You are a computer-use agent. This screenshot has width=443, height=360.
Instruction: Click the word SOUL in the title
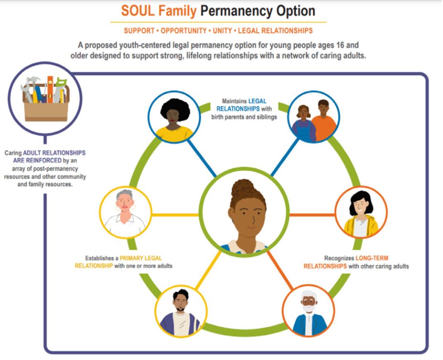[136, 11]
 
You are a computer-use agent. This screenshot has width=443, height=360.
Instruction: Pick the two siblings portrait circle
[314, 117]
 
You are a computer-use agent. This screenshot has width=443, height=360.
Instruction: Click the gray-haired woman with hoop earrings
[125, 213]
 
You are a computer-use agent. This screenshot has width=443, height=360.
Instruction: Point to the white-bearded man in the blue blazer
[308, 311]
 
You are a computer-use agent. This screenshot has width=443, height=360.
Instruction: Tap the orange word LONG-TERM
[372, 258]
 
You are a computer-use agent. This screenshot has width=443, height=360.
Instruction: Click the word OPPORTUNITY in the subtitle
[183, 31]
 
